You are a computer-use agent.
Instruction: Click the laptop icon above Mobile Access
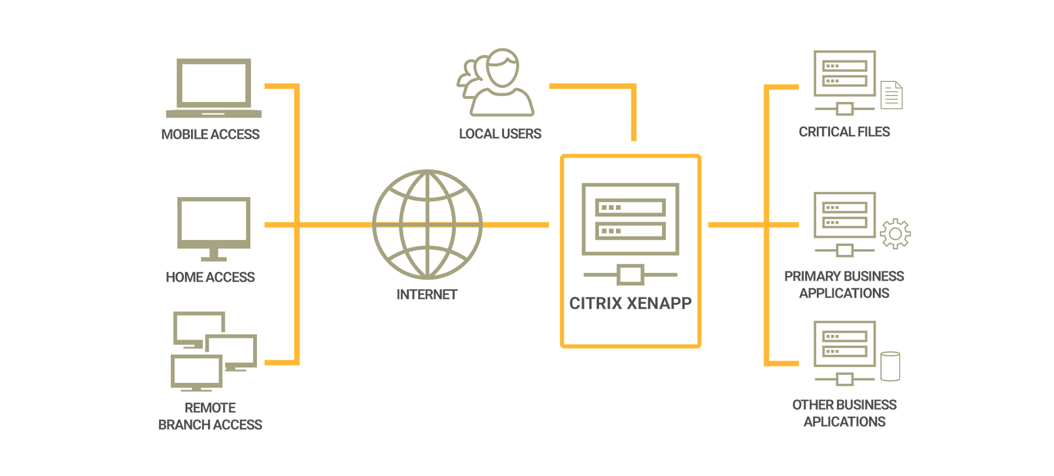[214, 88]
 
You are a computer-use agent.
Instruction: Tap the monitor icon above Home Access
[214, 227]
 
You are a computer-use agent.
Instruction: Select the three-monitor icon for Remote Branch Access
[214, 351]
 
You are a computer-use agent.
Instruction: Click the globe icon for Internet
[427, 225]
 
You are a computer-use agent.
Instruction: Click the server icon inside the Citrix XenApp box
[630, 233]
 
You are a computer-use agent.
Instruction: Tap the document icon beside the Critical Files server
[892, 95]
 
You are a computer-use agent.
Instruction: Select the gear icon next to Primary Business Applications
[895, 234]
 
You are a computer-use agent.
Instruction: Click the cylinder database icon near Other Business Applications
[890, 366]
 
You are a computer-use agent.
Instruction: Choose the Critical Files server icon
[844, 82]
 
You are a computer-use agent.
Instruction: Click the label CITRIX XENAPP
[630, 303]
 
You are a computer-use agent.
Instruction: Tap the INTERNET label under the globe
[427, 295]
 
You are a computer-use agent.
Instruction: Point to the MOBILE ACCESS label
[210, 135]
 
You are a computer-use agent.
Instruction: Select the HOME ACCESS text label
[210, 277]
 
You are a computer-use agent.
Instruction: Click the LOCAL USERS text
[500, 134]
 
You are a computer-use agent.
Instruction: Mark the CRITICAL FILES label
[844, 132]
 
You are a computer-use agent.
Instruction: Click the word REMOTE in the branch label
[210, 408]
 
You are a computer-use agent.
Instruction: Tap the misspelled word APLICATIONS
[844, 422]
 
